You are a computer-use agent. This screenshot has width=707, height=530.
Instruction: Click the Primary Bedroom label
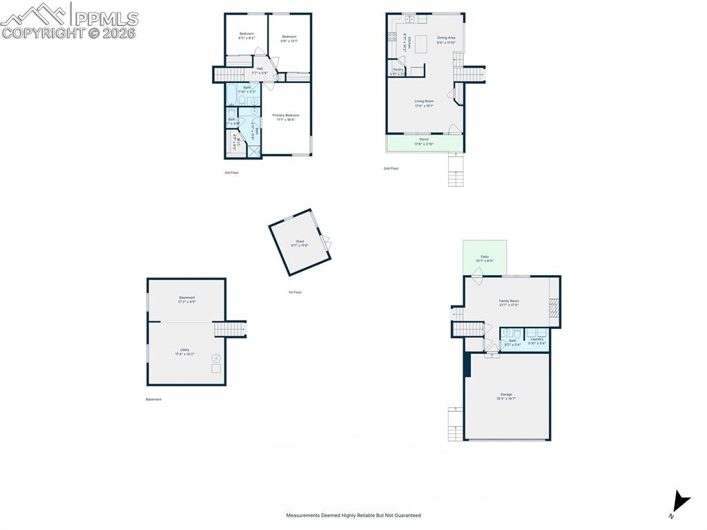tap(286, 115)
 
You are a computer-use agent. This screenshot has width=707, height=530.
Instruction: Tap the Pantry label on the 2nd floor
tap(398, 70)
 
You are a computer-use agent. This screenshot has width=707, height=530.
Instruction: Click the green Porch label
tap(424, 140)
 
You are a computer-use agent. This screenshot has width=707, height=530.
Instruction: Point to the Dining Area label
tap(446, 38)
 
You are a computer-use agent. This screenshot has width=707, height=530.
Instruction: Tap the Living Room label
tap(424, 102)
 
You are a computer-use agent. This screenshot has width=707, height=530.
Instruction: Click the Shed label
tap(300, 242)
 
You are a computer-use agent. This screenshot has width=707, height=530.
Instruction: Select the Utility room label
tap(185, 350)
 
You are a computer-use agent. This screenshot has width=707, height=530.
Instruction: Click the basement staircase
tap(229, 329)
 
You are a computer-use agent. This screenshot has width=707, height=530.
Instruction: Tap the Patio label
tap(485, 257)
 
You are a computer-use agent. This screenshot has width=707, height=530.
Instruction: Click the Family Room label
tap(509, 301)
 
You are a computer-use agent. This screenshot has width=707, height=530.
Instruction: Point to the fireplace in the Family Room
tap(552, 308)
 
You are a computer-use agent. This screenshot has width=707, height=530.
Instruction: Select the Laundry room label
tap(536, 339)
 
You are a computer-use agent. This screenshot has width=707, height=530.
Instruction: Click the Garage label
tap(506, 395)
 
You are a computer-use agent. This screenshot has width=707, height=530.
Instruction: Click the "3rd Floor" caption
tap(231, 172)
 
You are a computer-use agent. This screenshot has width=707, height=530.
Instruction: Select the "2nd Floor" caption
tap(391, 168)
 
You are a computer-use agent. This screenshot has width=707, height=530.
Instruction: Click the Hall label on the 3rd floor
tap(260, 68)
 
